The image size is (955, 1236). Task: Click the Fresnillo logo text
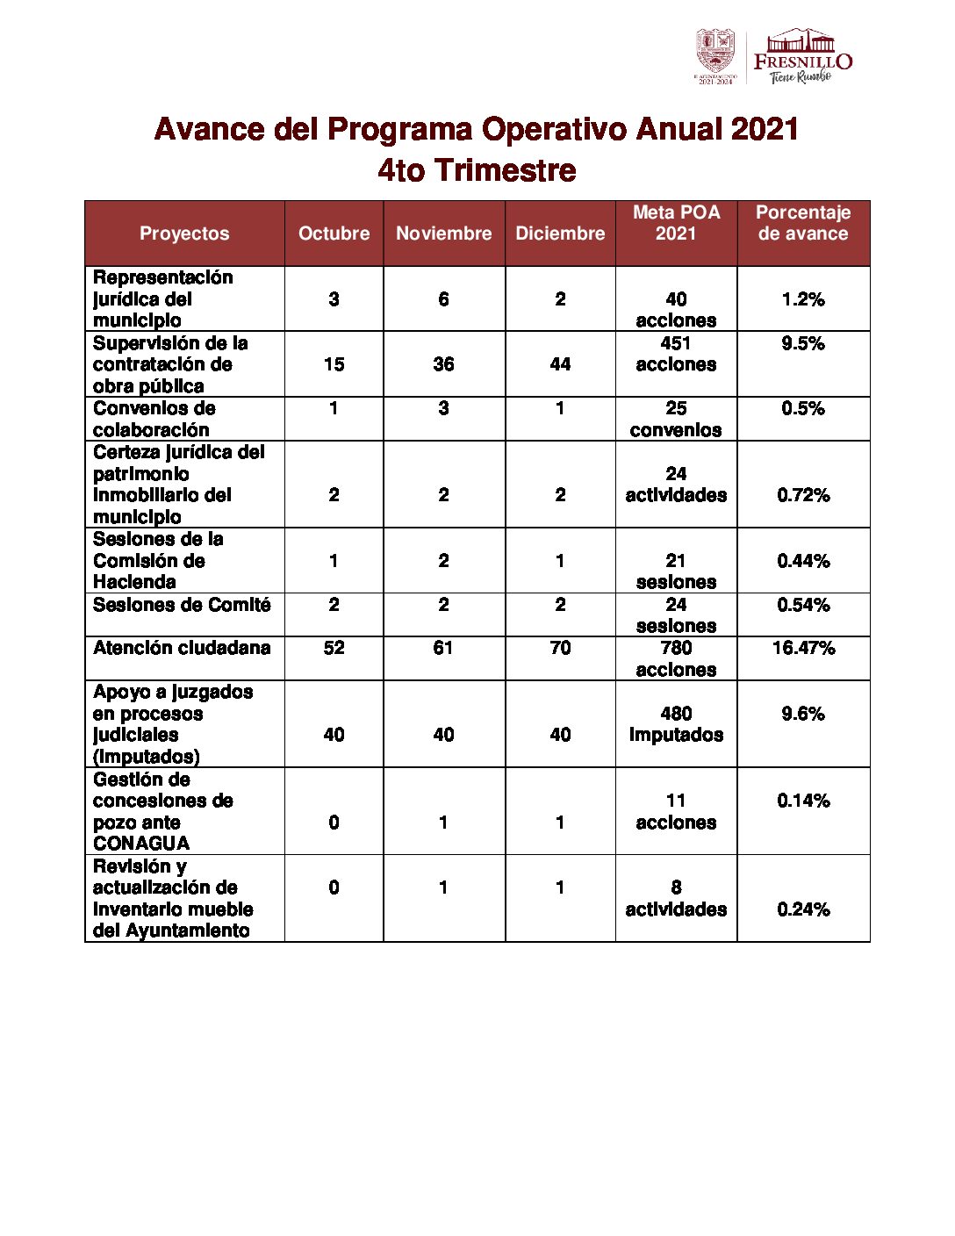[802, 61]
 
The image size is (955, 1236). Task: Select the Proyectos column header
[184, 234]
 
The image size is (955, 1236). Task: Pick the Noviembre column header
[443, 234]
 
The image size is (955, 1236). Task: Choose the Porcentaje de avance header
[803, 223]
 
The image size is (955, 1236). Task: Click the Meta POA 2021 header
[676, 223]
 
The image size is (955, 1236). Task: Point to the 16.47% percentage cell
[803, 648]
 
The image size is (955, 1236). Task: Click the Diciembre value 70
[560, 648]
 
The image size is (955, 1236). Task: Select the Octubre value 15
[334, 364]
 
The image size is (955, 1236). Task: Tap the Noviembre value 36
[443, 364]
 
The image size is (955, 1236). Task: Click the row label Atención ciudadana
[182, 648]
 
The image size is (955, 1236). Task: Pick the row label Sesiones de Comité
[182, 605]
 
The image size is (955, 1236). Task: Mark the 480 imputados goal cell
[676, 724]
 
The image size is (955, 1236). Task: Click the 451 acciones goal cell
[676, 354]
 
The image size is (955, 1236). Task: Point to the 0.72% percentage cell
[803, 495]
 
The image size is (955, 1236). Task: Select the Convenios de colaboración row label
[154, 419]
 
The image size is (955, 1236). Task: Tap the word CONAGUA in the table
[141, 844]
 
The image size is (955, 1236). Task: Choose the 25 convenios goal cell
[676, 419]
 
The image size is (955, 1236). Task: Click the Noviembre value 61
[443, 648]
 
